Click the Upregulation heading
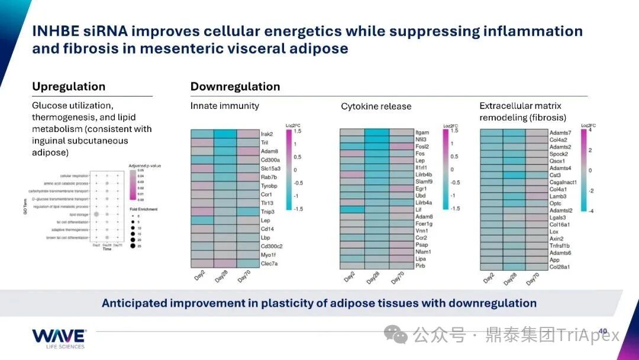(x=69, y=86)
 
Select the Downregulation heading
(x=235, y=86)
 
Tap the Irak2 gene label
(x=267, y=134)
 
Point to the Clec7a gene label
(x=269, y=263)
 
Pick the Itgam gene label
(x=422, y=132)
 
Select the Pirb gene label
(x=421, y=266)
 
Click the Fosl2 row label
(x=422, y=146)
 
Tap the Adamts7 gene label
(x=560, y=133)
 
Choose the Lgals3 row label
(x=558, y=217)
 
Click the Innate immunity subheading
(x=225, y=106)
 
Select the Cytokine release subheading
(x=376, y=107)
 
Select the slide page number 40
(x=603, y=331)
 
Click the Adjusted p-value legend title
(x=144, y=165)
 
